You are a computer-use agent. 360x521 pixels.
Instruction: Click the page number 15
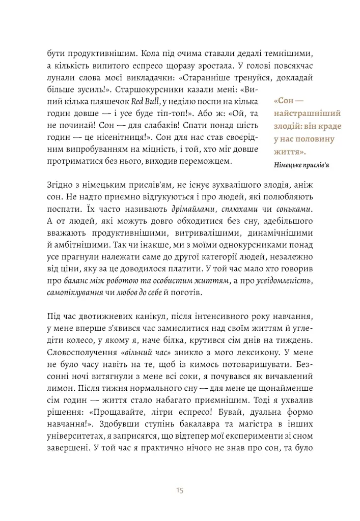coord(180,490)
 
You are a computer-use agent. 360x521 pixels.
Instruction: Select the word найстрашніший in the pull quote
coord(304,114)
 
